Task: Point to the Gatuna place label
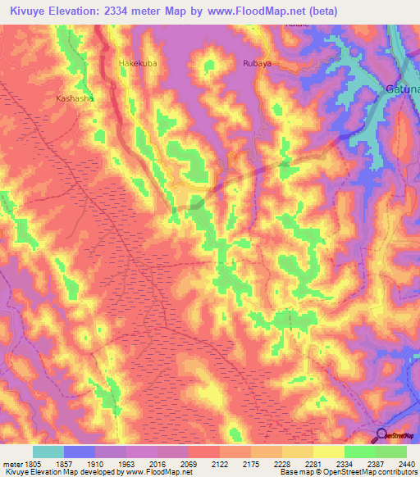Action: (402, 88)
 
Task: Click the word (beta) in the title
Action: (318, 11)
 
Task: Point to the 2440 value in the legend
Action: (405, 464)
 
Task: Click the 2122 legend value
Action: (220, 464)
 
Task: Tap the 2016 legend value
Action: (157, 464)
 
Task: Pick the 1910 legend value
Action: (95, 464)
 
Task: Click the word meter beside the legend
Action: (11, 464)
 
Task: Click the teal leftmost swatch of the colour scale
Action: (48, 452)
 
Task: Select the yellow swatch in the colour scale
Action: (328, 452)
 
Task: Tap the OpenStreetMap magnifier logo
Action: (382, 436)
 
